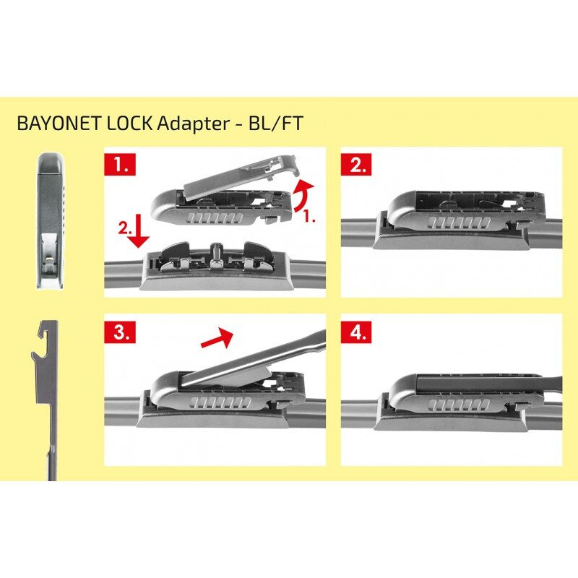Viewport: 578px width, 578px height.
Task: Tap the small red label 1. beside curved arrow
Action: (x=309, y=215)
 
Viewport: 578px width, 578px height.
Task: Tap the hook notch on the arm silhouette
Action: (x=46, y=334)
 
